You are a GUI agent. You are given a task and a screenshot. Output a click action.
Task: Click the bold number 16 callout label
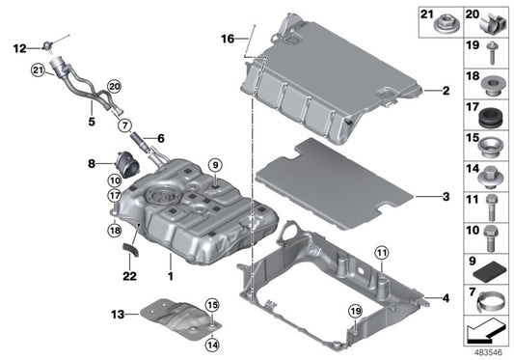click(x=227, y=40)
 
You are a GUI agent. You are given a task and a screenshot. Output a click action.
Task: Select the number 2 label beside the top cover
click(x=446, y=93)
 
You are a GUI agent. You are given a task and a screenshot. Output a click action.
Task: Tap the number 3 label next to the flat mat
click(x=446, y=197)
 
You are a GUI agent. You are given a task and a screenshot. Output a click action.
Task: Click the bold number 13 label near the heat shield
click(x=118, y=314)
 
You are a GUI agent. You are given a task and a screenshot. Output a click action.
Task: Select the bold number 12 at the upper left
click(x=19, y=46)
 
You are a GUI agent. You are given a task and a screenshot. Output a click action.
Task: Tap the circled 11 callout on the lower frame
click(x=381, y=254)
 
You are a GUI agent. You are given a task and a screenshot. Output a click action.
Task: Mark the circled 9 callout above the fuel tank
click(x=214, y=164)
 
